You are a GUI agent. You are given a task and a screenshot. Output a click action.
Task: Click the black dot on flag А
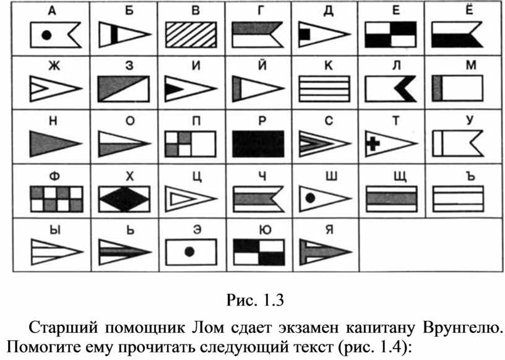point(46,35)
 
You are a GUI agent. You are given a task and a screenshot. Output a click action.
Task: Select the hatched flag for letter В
point(191,35)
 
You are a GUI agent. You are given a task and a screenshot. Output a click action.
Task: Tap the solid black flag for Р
point(258,144)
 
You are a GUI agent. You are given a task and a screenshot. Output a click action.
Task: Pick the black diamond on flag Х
point(124,199)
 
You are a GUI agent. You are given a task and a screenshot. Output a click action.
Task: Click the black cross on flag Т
point(373,144)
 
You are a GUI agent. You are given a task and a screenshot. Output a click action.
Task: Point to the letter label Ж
point(54,66)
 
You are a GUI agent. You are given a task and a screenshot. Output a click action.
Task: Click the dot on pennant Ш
point(310,198)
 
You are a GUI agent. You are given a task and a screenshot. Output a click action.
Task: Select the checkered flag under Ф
point(57,199)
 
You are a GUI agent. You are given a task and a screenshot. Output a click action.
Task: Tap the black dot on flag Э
point(189,252)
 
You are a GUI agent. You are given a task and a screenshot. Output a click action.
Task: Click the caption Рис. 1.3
point(255,300)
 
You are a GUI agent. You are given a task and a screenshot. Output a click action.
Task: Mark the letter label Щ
point(400,176)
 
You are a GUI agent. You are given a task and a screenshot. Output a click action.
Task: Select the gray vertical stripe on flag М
point(437,88)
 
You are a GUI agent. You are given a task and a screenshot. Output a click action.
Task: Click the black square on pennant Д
point(304,35)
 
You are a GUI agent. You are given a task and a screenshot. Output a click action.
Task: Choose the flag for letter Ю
point(259,252)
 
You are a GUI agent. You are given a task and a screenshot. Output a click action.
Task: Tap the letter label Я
point(329,231)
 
